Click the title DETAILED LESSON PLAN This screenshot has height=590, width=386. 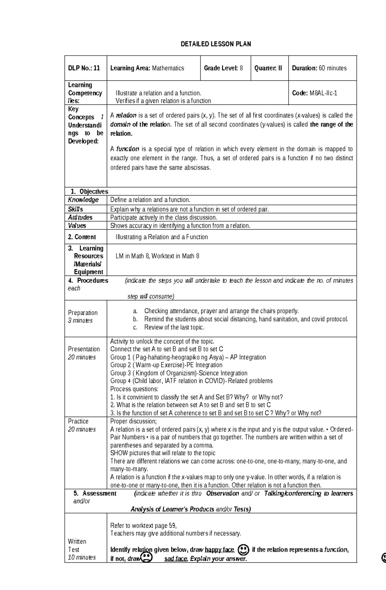click(216, 44)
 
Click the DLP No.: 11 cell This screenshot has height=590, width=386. click(84, 68)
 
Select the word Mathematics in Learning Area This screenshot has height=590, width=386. click(168, 68)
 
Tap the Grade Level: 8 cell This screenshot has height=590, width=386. click(223, 68)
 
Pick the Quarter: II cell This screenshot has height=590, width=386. click(268, 68)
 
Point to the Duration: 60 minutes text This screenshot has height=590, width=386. click(319, 68)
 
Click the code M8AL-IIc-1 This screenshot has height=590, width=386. click(323, 93)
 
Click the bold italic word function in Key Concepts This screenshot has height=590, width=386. click(127, 149)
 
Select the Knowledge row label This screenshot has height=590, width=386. click(83, 200)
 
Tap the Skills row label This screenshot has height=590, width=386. click(75, 209)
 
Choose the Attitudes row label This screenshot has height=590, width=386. click(80, 218)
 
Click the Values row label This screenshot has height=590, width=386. click(77, 226)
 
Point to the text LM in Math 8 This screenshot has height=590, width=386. click(132, 256)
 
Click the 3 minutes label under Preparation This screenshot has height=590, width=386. click(80, 321)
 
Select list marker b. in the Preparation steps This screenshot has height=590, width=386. click(135, 319)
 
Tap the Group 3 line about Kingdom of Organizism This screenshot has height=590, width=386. click(179, 373)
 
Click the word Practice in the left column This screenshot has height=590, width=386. click(78, 421)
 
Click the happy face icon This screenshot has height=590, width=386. click(244, 549)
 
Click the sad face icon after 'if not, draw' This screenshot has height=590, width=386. click(147, 557)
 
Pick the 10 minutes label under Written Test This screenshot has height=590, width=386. click(82, 558)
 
